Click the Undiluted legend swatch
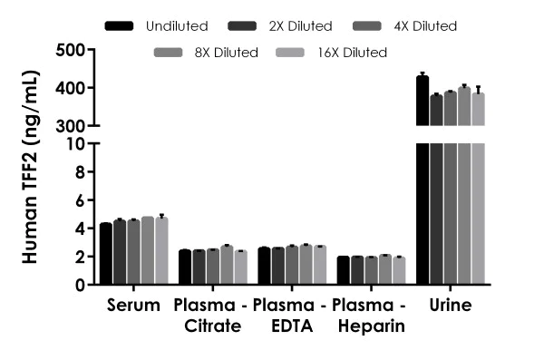coord(120,25)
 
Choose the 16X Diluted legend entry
coord(356,53)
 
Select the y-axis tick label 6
coord(81,200)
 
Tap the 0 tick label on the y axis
coord(81,285)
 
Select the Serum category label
coord(133,306)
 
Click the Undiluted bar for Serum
coord(106,254)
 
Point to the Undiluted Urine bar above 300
coord(422,101)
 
